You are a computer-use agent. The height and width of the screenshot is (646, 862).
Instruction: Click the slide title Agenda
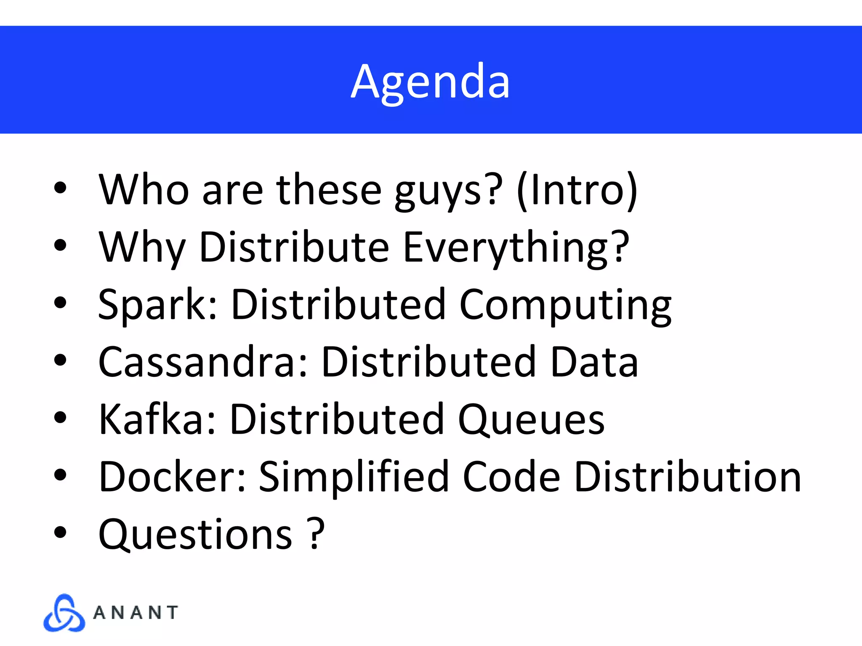pyautogui.click(x=430, y=82)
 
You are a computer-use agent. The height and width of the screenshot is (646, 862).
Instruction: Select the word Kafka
pyautogui.click(x=157, y=419)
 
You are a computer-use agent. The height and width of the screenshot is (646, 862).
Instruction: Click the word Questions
pyautogui.click(x=195, y=535)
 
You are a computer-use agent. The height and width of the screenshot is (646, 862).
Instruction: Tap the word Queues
pyautogui.click(x=531, y=420)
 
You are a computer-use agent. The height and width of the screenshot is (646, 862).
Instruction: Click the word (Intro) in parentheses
pyautogui.click(x=577, y=190)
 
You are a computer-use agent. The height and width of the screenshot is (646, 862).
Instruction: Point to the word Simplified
pyautogui.click(x=354, y=478)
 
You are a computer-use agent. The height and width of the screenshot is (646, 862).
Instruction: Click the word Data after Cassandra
pyautogui.click(x=594, y=362)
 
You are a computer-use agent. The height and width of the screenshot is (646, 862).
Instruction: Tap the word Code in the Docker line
pyautogui.click(x=511, y=477)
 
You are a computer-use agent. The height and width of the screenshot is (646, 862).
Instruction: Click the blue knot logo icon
pyautogui.click(x=64, y=613)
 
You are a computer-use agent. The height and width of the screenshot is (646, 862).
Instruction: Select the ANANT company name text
pyautogui.click(x=136, y=613)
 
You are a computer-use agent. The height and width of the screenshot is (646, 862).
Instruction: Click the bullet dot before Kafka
pyautogui.click(x=60, y=417)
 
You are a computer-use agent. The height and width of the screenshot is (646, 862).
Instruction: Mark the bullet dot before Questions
pyautogui.click(x=60, y=532)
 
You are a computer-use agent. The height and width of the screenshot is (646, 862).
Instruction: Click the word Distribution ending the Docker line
pyautogui.click(x=687, y=477)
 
